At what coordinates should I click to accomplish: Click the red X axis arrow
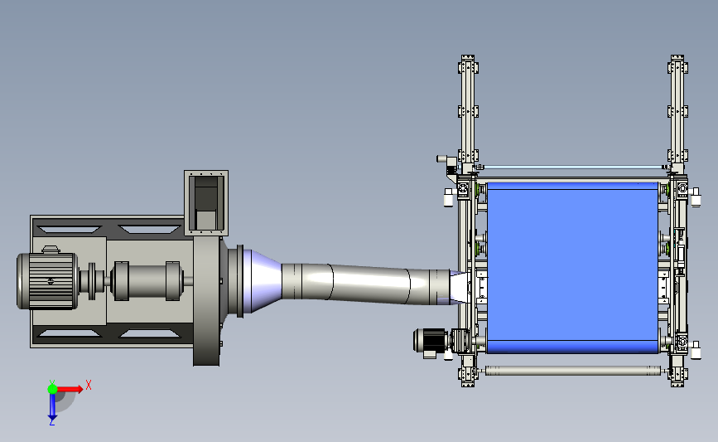click(x=70, y=389)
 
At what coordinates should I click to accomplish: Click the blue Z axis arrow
click(x=52, y=406)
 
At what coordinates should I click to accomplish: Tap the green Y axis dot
click(x=52, y=389)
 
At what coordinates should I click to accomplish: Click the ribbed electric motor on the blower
click(x=46, y=280)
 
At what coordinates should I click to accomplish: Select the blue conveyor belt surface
click(x=572, y=268)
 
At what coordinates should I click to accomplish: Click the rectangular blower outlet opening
click(x=206, y=202)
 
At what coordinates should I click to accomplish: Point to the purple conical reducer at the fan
click(x=263, y=281)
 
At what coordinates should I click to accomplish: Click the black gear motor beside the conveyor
click(x=431, y=342)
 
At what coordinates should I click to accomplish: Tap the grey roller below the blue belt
click(x=573, y=371)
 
